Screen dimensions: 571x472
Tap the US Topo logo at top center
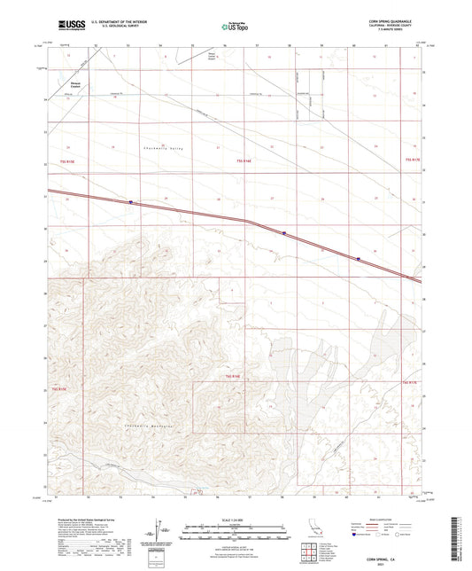click(235, 27)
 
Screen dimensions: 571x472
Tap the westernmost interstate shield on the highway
click(131, 201)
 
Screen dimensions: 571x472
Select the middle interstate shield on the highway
click(284, 234)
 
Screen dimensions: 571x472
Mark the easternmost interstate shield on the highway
click(358, 259)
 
